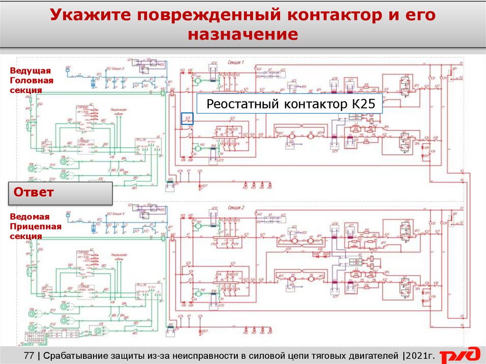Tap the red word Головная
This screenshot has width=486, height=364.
31,80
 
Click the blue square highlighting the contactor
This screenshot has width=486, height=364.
187,119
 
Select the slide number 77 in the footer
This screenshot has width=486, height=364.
29,355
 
